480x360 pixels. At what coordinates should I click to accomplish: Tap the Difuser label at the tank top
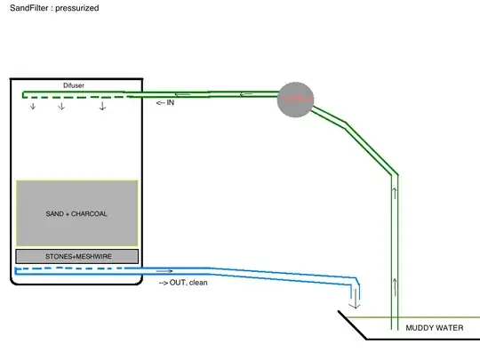pos(75,85)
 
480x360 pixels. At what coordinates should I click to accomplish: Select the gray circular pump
pos(295,100)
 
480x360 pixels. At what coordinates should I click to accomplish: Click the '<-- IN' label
pos(165,103)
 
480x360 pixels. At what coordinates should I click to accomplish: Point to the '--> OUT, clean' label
pos(183,283)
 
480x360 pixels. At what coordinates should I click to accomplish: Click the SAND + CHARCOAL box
pos(76,213)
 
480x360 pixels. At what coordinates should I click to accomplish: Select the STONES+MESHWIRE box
pos(76,256)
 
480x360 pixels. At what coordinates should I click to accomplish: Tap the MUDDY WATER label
pos(435,328)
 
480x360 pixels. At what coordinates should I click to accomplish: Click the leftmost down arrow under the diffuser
pos(34,107)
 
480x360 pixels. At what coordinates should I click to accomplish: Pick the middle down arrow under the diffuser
pos(61,107)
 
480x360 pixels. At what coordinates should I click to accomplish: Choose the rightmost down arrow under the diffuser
pos(102,107)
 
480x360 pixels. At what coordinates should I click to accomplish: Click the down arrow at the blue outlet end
pos(356,301)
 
